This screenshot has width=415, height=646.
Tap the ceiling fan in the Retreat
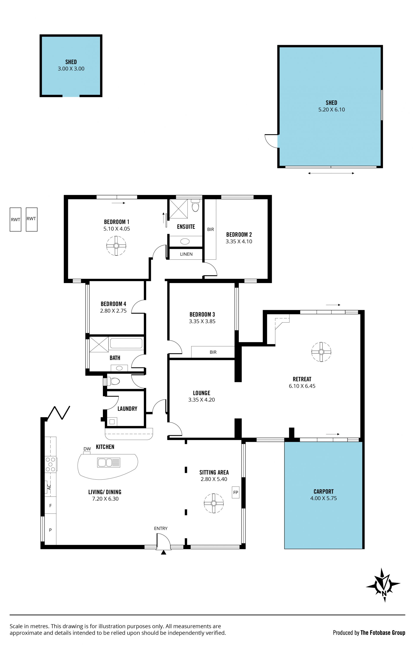click(x=321, y=352)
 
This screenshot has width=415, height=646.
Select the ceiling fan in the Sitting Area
click(x=214, y=503)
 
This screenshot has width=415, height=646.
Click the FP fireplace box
click(x=236, y=492)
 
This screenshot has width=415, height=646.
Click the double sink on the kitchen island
click(x=109, y=462)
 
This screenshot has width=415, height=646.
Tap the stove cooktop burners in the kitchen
click(x=50, y=464)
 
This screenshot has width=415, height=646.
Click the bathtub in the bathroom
click(x=126, y=343)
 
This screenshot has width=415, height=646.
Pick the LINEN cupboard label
click(x=186, y=254)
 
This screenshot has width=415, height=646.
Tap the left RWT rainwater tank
click(x=15, y=220)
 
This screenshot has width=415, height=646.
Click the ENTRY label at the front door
click(x=161, y=528)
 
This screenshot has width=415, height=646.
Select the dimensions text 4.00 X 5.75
click(x=323, y=498)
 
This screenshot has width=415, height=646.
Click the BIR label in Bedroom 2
click(x=211, y=229)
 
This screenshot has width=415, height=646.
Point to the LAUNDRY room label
click(x=127, y=409)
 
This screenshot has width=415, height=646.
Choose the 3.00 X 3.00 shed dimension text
click(x=71, y=69)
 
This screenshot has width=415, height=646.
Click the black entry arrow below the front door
click(x=163, y=552)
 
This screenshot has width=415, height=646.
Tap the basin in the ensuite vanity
click(x=185, y=241)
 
